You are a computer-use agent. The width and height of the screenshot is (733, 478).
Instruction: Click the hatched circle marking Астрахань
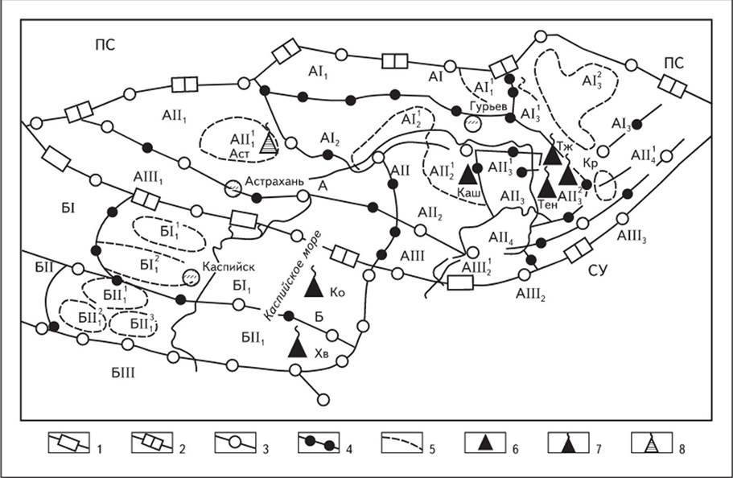coord(233,187)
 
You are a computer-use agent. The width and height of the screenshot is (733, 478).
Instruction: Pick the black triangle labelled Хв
coord(298,346)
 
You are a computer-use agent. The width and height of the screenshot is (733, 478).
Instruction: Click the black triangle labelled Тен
coord(546,186)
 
